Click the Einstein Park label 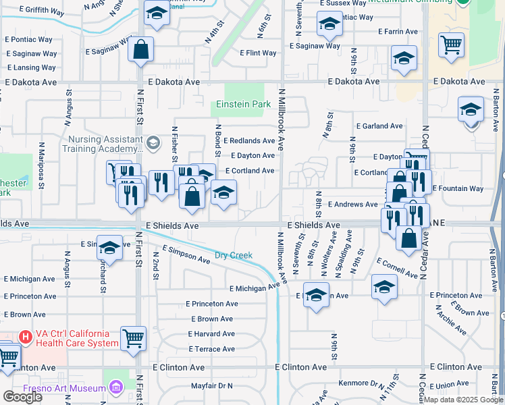click(243, 105)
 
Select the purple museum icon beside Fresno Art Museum click(115, 387)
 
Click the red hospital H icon click(26, 335)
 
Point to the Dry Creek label click(234, 255)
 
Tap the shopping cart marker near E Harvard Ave click(133, 337)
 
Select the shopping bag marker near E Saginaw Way click(140, 49)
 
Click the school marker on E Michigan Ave click(315, 294)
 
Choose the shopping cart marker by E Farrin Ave click(451, 45)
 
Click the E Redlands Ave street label click(249, 140)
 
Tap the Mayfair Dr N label click(211, 385)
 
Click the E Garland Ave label click(379, 126)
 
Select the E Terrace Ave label click(211, 349)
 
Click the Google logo click(22, 397)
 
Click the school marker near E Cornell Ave click(384, 288)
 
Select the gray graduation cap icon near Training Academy click(153, 142)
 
